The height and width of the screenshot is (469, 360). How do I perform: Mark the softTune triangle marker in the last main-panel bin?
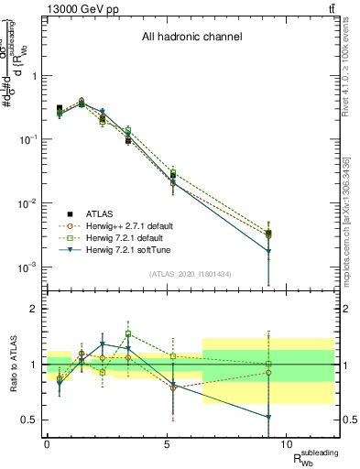click(268, 251)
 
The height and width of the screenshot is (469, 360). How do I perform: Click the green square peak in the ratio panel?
click(129, 334)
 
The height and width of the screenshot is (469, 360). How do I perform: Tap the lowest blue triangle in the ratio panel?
click(268, 417)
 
